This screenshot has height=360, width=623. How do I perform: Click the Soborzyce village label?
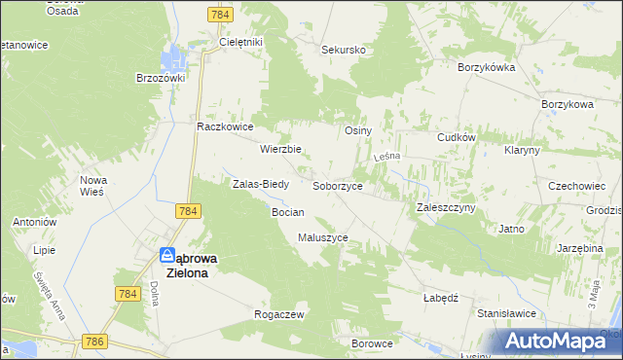coord(338,185)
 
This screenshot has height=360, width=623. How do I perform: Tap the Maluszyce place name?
coord(322,237)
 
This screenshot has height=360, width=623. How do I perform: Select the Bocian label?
coord(288,212)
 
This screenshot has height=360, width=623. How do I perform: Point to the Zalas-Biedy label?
coord(258,183)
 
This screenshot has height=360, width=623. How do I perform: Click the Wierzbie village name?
coord(280,150)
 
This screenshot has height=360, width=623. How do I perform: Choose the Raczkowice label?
coord(225,126)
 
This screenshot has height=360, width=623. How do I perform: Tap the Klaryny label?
coord(523,151)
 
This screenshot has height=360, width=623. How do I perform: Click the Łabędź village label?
coord(441,299)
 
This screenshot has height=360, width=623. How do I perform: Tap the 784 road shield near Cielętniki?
coord(220,16)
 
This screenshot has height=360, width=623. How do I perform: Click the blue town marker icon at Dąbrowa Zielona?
coord(167,257)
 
